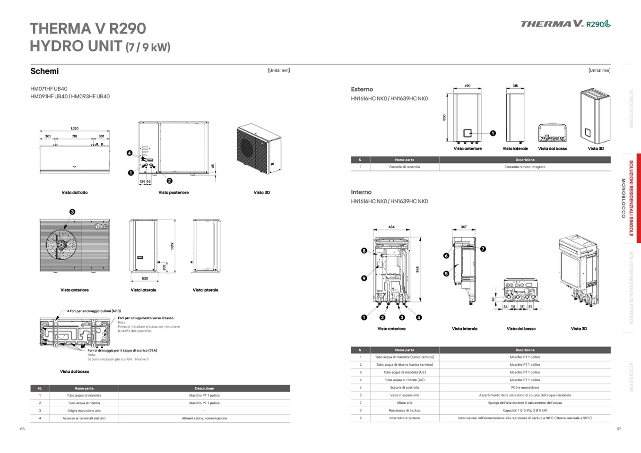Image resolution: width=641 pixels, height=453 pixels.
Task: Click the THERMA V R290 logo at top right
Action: (x=565, y=24)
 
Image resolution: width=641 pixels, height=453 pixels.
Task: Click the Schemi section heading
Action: (x=44, y=71)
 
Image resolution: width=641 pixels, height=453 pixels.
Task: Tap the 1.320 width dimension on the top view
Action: (x=74, y=128)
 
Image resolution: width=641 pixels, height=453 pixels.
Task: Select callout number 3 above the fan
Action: (x=72, y=212)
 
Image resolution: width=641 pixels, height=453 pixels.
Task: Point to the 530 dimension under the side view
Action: (x=145, y=279)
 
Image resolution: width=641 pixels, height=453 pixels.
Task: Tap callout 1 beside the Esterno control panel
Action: (x=493, y=133)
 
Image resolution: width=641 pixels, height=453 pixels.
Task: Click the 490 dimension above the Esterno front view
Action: (x=468, y=86)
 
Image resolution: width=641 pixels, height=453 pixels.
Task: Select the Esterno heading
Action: (x=362, y=89)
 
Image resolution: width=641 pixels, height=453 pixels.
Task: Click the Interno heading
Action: (x=361, y=192)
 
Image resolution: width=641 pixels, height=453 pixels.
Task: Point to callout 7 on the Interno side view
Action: (x=483, y=249)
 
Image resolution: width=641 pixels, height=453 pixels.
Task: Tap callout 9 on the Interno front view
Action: (x=364, y=278)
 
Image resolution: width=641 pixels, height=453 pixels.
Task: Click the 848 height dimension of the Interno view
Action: (x=417, y=269)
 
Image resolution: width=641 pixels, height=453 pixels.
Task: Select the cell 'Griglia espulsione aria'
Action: (x=84, y=411)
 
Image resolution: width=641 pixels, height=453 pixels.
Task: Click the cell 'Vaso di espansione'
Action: (x=404, y=395)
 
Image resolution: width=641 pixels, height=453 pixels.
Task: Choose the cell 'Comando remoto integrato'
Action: (x=525, y=167)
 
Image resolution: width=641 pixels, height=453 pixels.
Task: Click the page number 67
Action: (x=619, y=429)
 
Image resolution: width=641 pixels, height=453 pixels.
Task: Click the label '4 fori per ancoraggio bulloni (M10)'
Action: (x=94, y=311)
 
